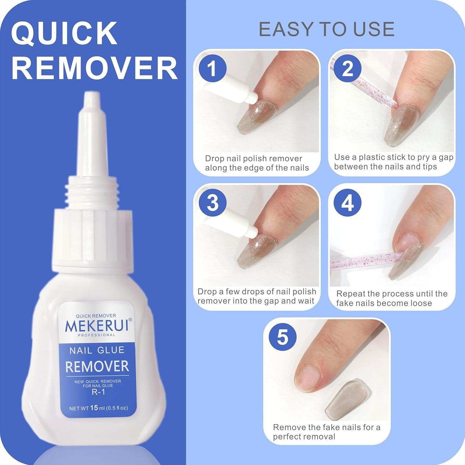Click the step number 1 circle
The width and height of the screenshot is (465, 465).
(x=212, y=68)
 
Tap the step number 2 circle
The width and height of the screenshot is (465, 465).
(x=348, y=68)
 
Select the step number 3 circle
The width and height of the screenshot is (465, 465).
(x=213, y=203)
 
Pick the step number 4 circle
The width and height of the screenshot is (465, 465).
(x=348, y=203)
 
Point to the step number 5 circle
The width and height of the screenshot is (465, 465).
(x=282, y=337)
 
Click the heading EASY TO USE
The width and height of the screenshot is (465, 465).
(x=326, y=29)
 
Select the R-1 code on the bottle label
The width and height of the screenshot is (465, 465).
(x=98, y=392)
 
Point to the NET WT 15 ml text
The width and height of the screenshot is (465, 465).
(x=98, y=408)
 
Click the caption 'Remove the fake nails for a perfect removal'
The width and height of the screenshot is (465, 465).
(x=326, y=432)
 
